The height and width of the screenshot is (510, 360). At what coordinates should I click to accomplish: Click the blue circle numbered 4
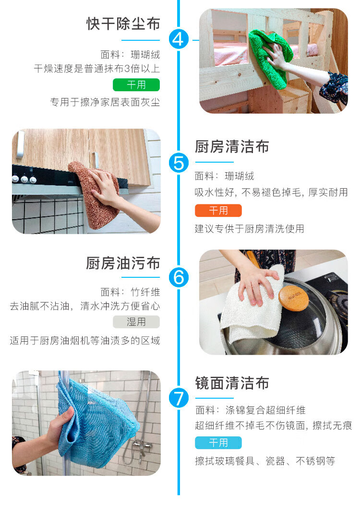coord(179,40)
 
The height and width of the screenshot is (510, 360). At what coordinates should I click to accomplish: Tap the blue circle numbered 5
coord(179,163)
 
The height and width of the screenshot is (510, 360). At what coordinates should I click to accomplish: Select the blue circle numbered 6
coord(179,277)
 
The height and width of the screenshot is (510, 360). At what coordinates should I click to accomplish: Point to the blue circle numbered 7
coord(179,398)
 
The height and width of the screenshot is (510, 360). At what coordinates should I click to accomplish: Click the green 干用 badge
coord(136,85)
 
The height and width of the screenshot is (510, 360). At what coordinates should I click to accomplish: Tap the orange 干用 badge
coord(218,211)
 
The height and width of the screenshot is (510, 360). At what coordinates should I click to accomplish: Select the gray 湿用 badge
coord(136,322)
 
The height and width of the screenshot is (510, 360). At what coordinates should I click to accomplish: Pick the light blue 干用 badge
coord(218,443)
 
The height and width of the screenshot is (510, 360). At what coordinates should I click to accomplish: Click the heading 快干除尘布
coord(123,24)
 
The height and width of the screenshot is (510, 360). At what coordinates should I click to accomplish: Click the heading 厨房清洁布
coord(232,147)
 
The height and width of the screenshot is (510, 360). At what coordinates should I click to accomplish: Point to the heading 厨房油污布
coord(123,263)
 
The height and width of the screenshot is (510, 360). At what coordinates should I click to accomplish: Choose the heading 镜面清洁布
coord(232,383)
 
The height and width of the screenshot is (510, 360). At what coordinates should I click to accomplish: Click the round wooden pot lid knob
coord(293,298)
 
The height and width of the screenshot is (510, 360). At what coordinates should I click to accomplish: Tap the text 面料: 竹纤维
coord(130,292)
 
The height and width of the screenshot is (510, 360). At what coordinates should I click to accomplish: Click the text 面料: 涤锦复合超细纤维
coord(250,410)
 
